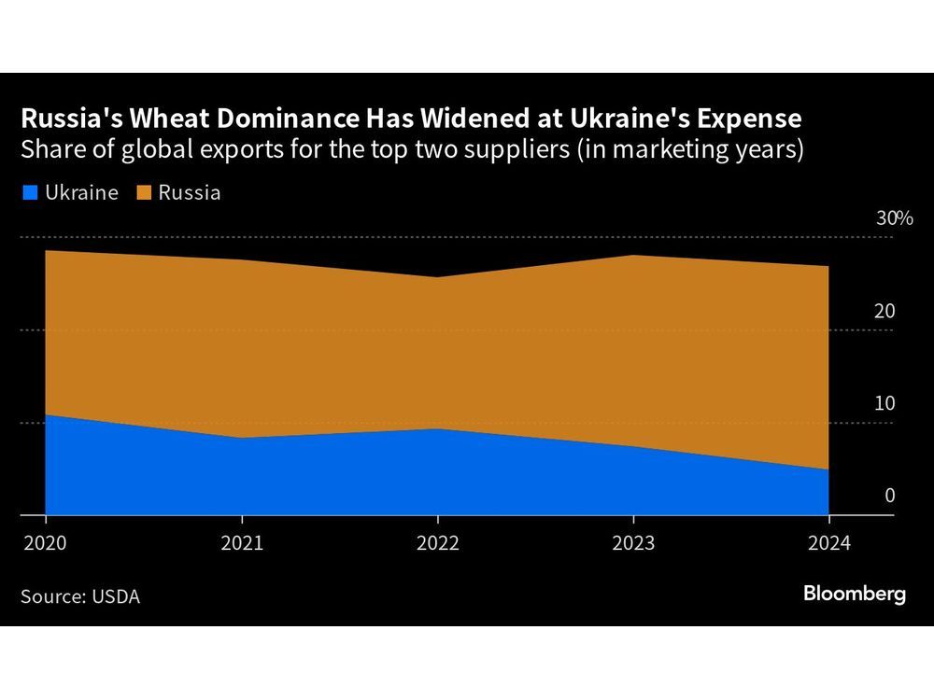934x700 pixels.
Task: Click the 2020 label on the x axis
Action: pyautogui.click(x=46, y=543)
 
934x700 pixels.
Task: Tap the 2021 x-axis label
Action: pyautogui.click(x=242, y=543)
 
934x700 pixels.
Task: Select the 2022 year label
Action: pyautogui.click(x=438, y=543)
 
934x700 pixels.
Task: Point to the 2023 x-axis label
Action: pyautogui.click(x=634, y=543)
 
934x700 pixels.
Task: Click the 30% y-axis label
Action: pyautogui.click(x=894, y=218)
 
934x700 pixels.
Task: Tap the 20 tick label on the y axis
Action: pyautogui.click(x=885, y=311)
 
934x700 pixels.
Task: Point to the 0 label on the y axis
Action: pyautogui.click(x=890, y=496)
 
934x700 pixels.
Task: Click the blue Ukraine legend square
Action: pyautogui.click(x=29, y=193)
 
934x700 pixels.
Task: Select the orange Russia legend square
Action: pyautogui.click(x=142, y=193)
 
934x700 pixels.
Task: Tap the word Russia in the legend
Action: pyautogui.click(x=190, y=193)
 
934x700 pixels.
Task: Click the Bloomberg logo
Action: pyautogui.click(x=855, y=594)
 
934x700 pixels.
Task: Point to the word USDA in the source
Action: pyautogui.click(x=116, y=596)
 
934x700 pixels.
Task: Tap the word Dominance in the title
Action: pyautogui.click(x=265, y=119)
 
